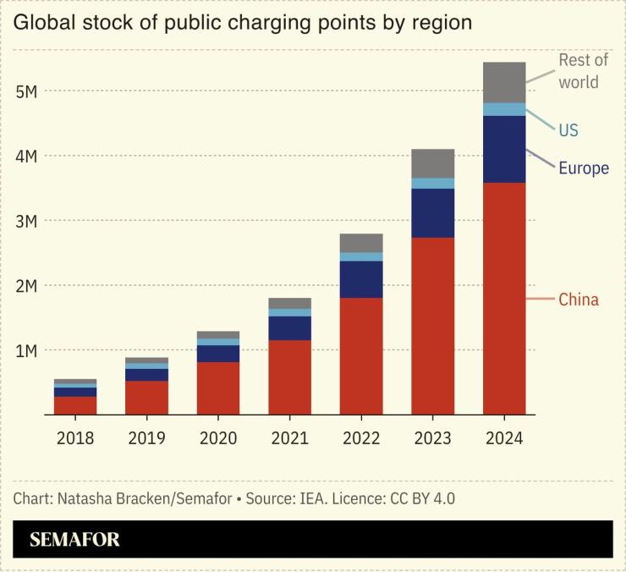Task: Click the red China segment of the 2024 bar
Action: (504, 298)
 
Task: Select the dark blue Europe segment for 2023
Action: (432, 212)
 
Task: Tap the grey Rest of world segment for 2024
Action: (504, 82)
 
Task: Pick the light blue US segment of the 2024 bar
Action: (504, 109)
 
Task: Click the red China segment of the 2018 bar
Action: (75, 405)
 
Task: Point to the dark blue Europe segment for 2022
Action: (361, 279)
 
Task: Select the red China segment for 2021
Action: (289, 377)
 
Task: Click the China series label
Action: (579, 300)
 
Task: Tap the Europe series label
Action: (584, 168)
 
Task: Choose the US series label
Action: (568, 130)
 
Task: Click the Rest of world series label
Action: (583, 71)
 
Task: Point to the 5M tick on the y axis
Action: (26, 91)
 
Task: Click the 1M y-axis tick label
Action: (26, 350)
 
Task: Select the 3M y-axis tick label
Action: (26, 221)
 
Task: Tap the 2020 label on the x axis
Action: (218, 438)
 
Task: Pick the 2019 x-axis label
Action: (146, 438)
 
